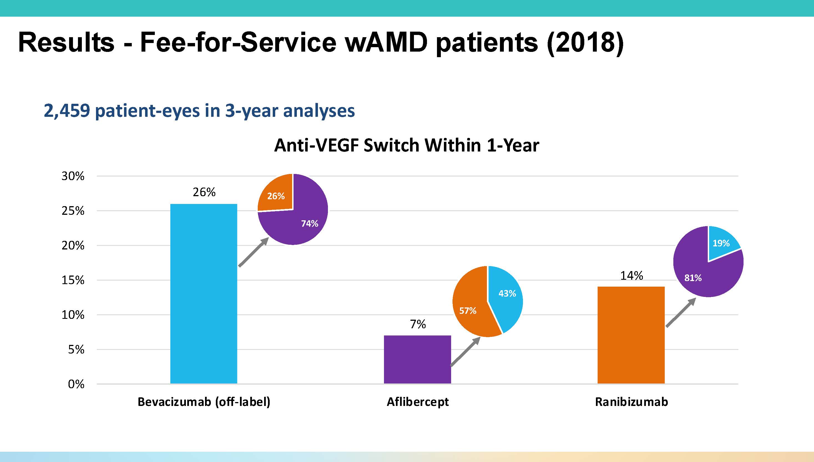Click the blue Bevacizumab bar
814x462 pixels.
(x=204, y=294)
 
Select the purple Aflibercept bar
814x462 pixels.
(x=417, y=360)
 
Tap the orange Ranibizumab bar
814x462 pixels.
(x=631, y=335)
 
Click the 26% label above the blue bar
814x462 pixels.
(x=204, y=192)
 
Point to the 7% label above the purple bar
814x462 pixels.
(x=418, y=324)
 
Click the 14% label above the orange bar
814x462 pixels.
(x=631, y=276)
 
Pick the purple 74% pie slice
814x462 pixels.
(x=301, y=222)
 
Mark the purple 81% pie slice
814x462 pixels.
(x=698, y=276)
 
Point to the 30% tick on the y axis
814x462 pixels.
(x=73, y=176)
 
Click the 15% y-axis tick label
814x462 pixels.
(x=73, y=280)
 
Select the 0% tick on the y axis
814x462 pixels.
(x=76, y=384)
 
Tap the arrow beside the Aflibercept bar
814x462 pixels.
(x=465, y=352)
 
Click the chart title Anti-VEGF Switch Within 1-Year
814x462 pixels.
(x=406, y=146)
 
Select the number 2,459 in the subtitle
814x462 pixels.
(x=67, y=111)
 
